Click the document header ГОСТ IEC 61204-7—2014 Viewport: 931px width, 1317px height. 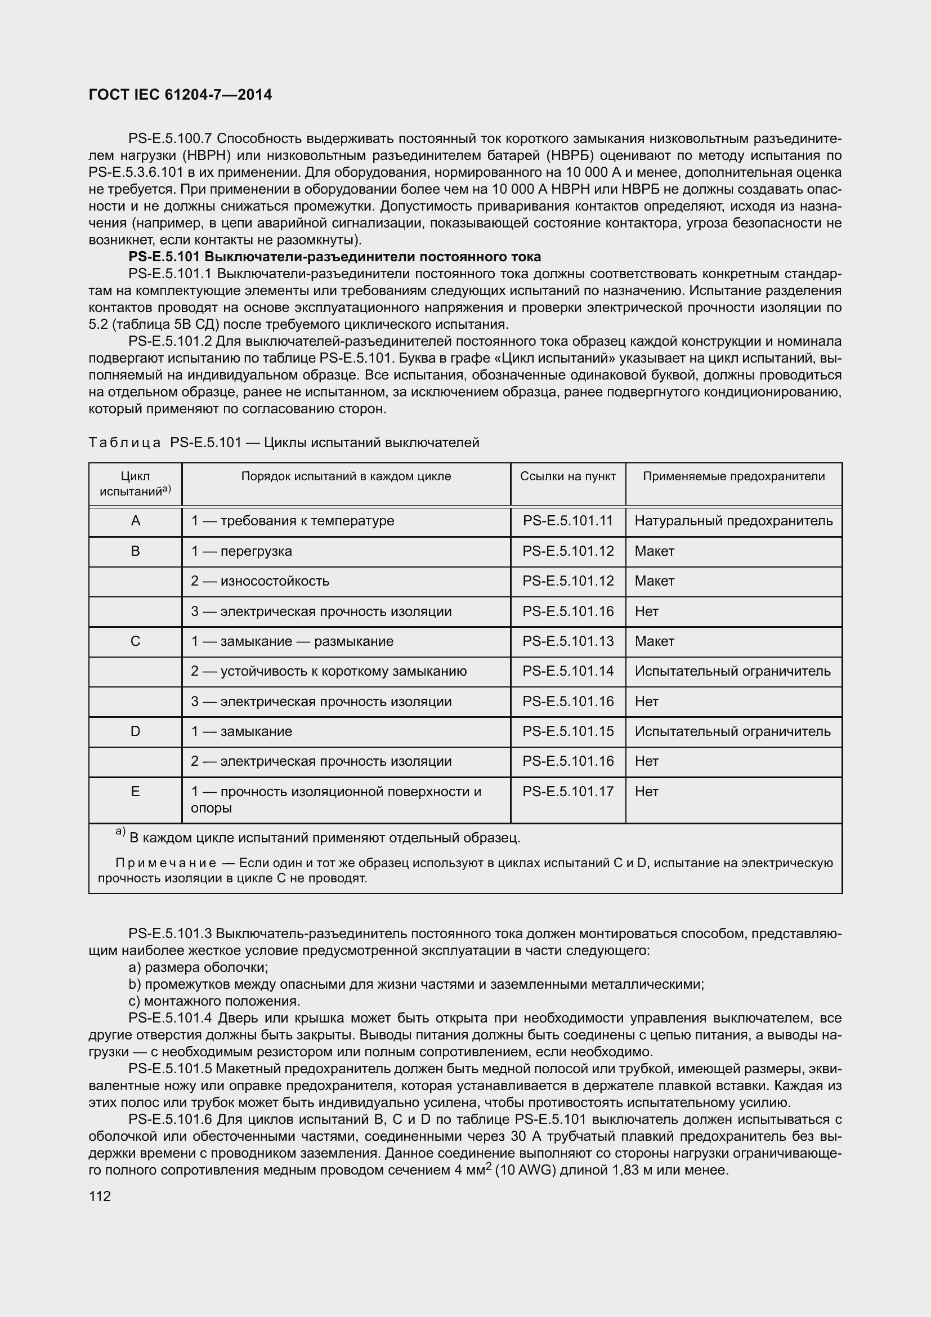pos(180,95)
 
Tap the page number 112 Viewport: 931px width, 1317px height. pos(100,1196)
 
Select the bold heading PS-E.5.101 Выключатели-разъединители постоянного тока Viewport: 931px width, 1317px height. pos(335,256)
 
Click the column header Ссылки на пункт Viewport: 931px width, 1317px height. pos(567,476)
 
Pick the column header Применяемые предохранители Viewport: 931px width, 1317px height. pos(733,476)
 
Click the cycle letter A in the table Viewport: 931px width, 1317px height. pos(135,521)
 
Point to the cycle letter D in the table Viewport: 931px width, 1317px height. pos(135,731)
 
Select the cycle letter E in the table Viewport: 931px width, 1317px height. pos(135,792)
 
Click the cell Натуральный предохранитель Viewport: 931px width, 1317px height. pos(733,521)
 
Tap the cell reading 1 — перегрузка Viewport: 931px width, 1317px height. pos(241,551)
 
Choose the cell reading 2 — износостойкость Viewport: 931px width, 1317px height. pos(259,581)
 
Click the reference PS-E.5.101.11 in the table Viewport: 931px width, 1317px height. pos(567,521)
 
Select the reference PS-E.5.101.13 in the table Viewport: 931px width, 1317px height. pos(567,641)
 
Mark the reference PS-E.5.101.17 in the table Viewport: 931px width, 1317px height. pos(567,792)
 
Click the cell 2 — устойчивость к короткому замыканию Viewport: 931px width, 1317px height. pos(329,671)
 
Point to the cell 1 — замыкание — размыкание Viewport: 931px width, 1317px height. pos(292,641)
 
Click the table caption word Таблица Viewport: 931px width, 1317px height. pos(125,443)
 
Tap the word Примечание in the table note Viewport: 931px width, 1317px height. pos(165,863)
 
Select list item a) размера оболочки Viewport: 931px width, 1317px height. pos(198,968)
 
